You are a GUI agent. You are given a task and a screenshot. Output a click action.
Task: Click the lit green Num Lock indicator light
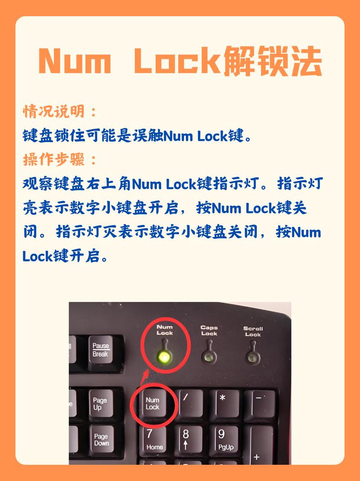pos(164,358)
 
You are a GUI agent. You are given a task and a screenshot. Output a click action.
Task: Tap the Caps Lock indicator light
pos(209,358)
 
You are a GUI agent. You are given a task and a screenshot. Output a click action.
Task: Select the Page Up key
pos(100,404)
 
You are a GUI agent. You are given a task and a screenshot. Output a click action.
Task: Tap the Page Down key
pos(101,440)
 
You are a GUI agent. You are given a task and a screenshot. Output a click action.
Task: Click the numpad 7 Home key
pos(154,440)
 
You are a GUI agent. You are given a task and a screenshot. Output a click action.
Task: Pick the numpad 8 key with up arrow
pos(187,440)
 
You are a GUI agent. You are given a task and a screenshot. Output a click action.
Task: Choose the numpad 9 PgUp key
pos(224,440)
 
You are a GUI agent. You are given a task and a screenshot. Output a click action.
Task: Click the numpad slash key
pos(189,403)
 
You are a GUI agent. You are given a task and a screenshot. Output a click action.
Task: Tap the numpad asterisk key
pos(224,403)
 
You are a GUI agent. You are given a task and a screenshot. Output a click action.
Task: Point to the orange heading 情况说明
pos(59,111)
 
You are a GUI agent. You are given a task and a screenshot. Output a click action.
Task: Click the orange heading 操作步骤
pos(59,159)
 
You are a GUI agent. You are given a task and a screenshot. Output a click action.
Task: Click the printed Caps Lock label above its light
pos(209,331)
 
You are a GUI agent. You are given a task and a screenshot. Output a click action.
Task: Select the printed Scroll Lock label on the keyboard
pos(253,332)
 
